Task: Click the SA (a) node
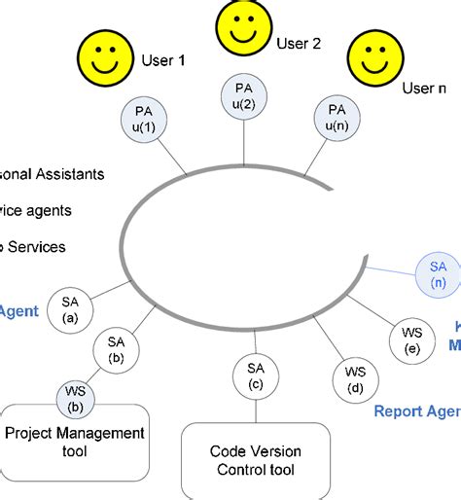click(x=71, y=309)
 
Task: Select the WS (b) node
click(x=74, y=398)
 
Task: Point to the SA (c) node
click(x=255, y=377)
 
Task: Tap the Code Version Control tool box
click(x=256, y=462)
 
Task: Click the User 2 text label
click(x=299, y=43)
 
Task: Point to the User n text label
click(x=424, y=89)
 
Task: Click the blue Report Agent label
click(x=416, y=411)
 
